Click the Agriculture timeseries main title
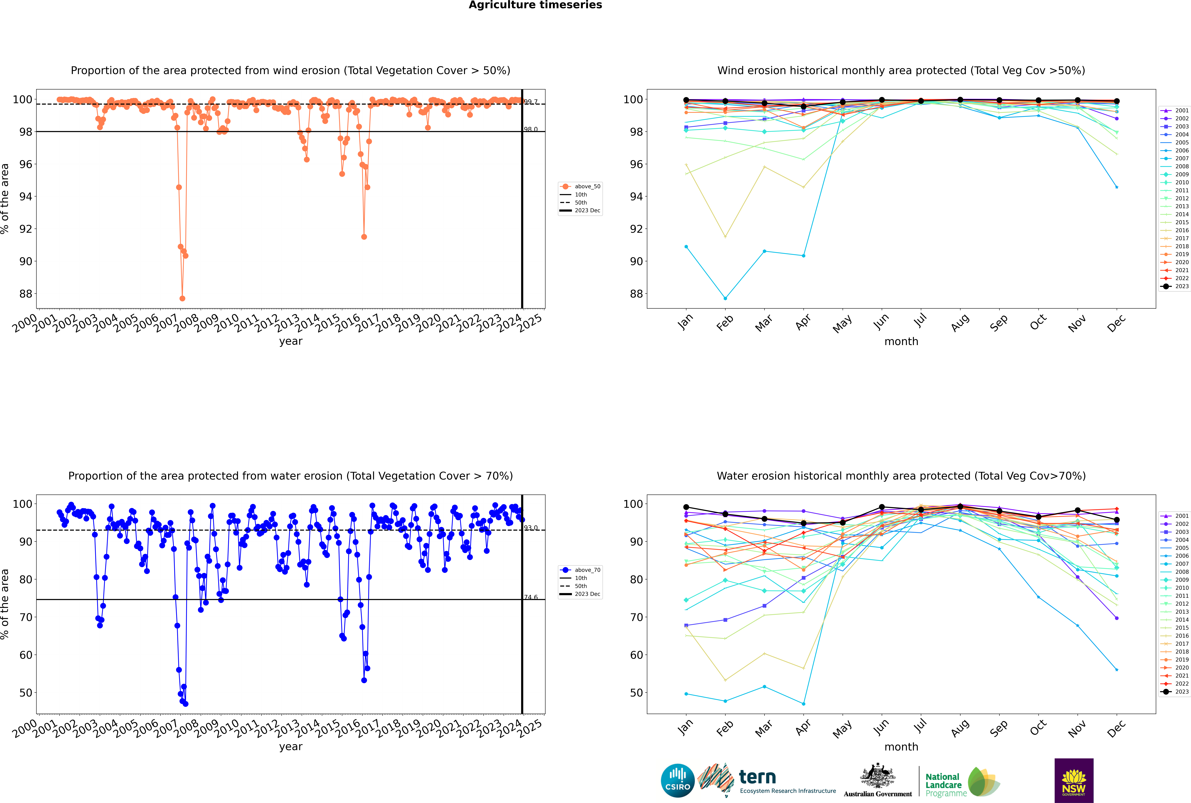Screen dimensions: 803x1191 535,5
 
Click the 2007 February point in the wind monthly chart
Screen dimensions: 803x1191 725,298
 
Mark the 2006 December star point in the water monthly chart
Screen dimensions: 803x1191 1117,670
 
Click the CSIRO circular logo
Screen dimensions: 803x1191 677,781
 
